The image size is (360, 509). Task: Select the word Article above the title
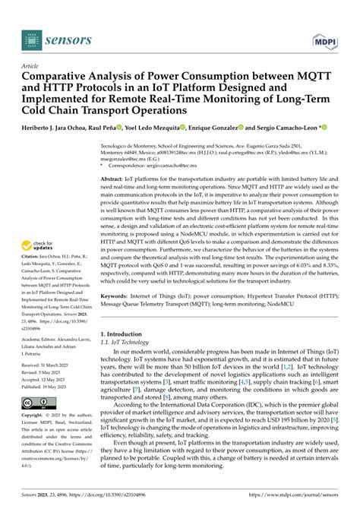34,66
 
